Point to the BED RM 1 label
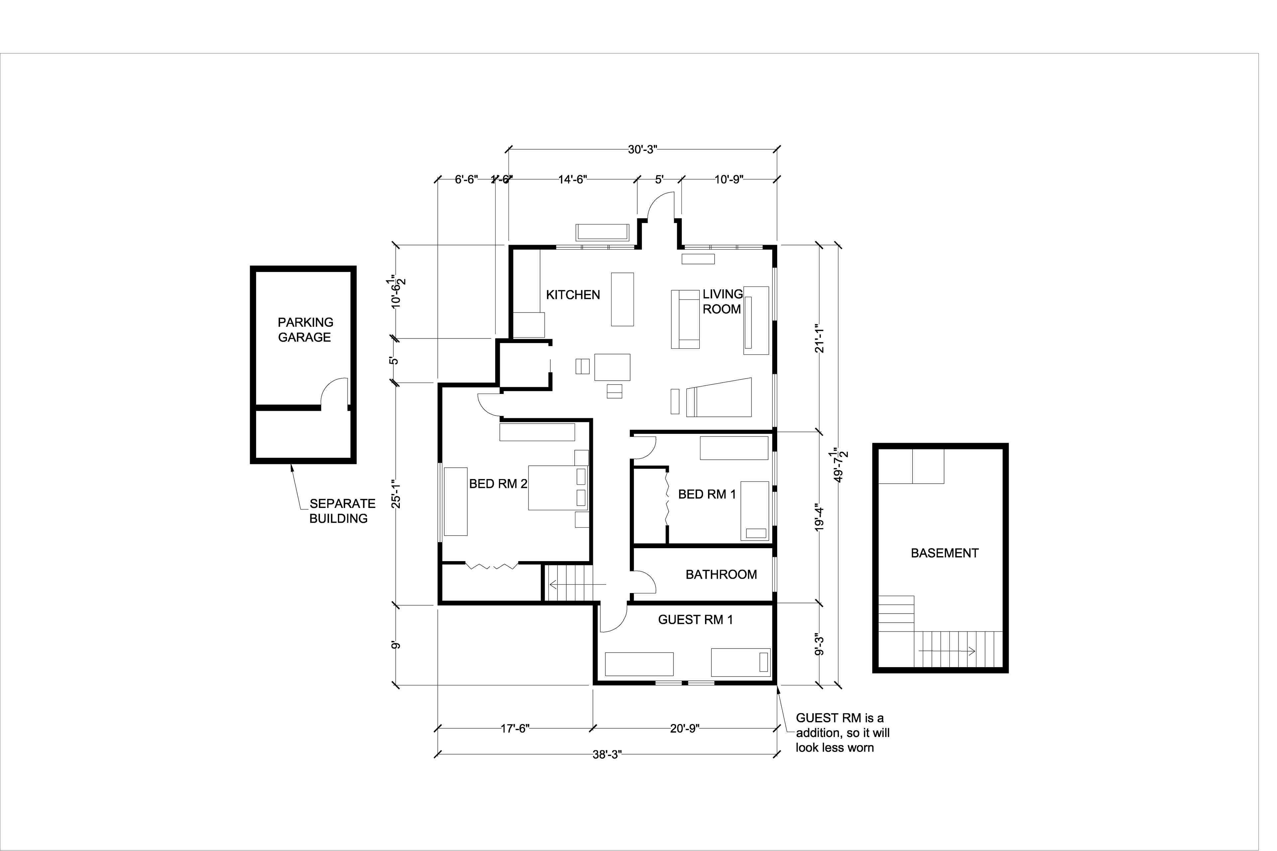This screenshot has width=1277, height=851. point(707,494)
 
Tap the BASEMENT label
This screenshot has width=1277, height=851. point(945,553)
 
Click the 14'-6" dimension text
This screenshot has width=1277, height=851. point(573,180)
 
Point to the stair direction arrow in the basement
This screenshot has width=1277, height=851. point(947,651)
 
